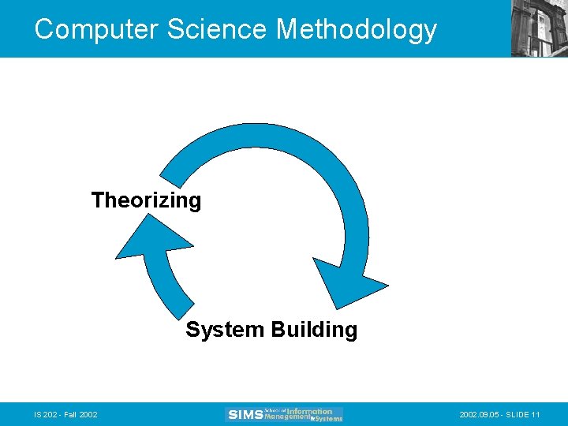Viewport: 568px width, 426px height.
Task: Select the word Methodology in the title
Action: pos(356,29)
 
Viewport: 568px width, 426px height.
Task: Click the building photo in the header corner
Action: pos(539,28)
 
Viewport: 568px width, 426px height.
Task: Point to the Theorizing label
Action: pos(146,200)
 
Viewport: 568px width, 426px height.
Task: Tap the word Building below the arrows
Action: pos(314,330)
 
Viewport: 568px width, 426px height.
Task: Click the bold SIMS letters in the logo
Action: pos(245,415)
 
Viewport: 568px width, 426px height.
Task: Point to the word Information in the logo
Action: pos(309,410)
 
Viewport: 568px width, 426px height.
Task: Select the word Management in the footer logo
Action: pos(288,417)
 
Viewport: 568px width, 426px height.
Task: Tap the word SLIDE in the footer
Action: pos(518,414)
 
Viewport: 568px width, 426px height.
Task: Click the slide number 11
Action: pos(536,414)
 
